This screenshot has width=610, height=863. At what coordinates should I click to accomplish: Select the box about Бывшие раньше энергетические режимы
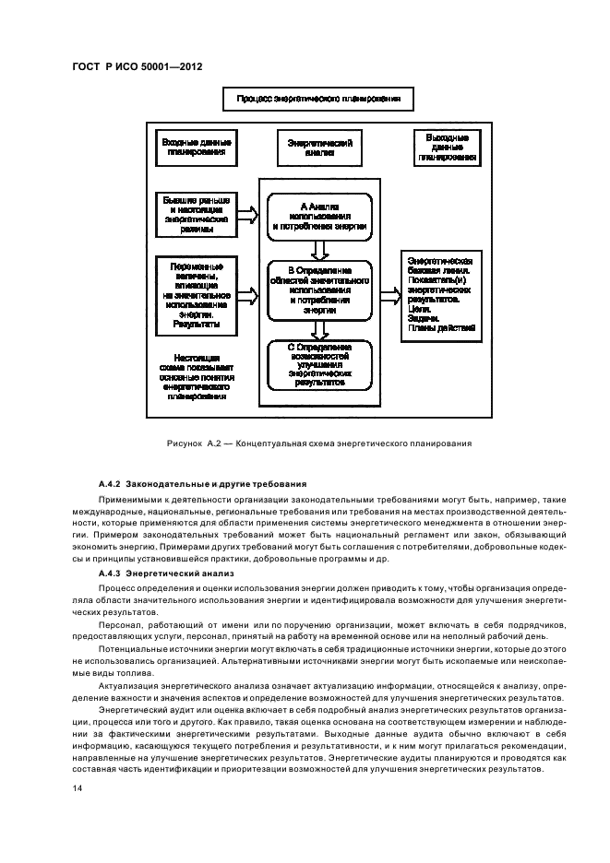[x=195, y=214]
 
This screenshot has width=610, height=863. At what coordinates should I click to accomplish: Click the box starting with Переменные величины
[x=195, y=294]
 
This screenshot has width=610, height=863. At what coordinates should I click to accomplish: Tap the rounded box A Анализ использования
[x=319, y=216]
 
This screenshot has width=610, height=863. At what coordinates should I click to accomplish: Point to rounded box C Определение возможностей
[x=319, y=363]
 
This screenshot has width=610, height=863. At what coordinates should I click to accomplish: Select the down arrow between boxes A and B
[x=319, y=249]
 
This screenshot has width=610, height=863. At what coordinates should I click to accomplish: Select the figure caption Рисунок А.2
[x=319, y=443]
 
